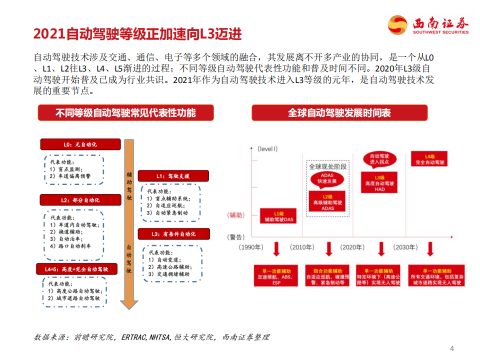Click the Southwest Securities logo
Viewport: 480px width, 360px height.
428,25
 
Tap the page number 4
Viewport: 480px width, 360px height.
452,348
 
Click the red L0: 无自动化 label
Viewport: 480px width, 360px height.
80,144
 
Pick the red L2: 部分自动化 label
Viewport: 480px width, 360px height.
80,200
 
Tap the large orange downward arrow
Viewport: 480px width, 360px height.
129,225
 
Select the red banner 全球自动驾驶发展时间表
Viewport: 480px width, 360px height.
339,112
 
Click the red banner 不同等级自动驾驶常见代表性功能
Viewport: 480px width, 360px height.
125,112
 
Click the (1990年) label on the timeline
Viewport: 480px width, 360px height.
251,247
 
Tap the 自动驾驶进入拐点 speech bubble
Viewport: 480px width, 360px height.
379,159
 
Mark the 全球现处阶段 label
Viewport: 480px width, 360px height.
327,166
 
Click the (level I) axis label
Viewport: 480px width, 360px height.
267,148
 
